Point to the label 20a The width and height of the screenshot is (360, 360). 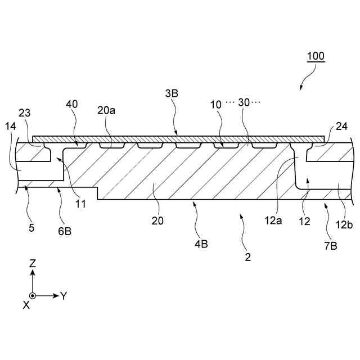[106, 111]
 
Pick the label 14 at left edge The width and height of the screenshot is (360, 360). [11, 126]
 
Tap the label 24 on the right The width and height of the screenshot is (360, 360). [341, 127]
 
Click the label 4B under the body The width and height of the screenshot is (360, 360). [201, 245]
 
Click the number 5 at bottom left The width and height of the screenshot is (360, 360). [31, 228]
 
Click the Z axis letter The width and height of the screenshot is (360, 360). [33, 263]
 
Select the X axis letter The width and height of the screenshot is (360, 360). [26, 304]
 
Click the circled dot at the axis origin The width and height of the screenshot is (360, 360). [33, 295]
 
